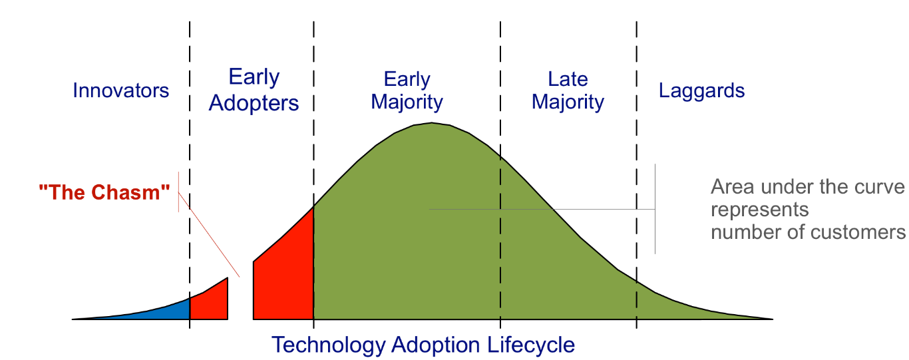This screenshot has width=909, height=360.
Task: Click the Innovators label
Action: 121,90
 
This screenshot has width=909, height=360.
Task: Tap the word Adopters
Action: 254,102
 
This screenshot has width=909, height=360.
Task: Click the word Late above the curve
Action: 568,79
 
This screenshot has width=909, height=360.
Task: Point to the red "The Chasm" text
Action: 104,192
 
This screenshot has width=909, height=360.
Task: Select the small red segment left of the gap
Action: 209,302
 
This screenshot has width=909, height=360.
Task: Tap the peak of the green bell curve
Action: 431,123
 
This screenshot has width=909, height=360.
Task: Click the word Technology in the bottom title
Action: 328,345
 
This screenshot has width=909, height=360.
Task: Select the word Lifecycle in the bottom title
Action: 531,345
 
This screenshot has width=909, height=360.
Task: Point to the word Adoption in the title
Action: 436,345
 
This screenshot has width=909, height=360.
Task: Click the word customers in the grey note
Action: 846,232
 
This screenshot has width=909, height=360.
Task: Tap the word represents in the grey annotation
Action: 760,210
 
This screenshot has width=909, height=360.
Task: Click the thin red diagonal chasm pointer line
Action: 209,235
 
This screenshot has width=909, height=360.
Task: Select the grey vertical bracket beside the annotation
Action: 655,209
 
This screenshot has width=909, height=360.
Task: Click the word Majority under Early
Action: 407,102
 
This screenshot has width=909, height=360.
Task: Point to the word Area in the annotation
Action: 733,187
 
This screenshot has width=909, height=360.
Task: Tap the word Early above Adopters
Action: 254,77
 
